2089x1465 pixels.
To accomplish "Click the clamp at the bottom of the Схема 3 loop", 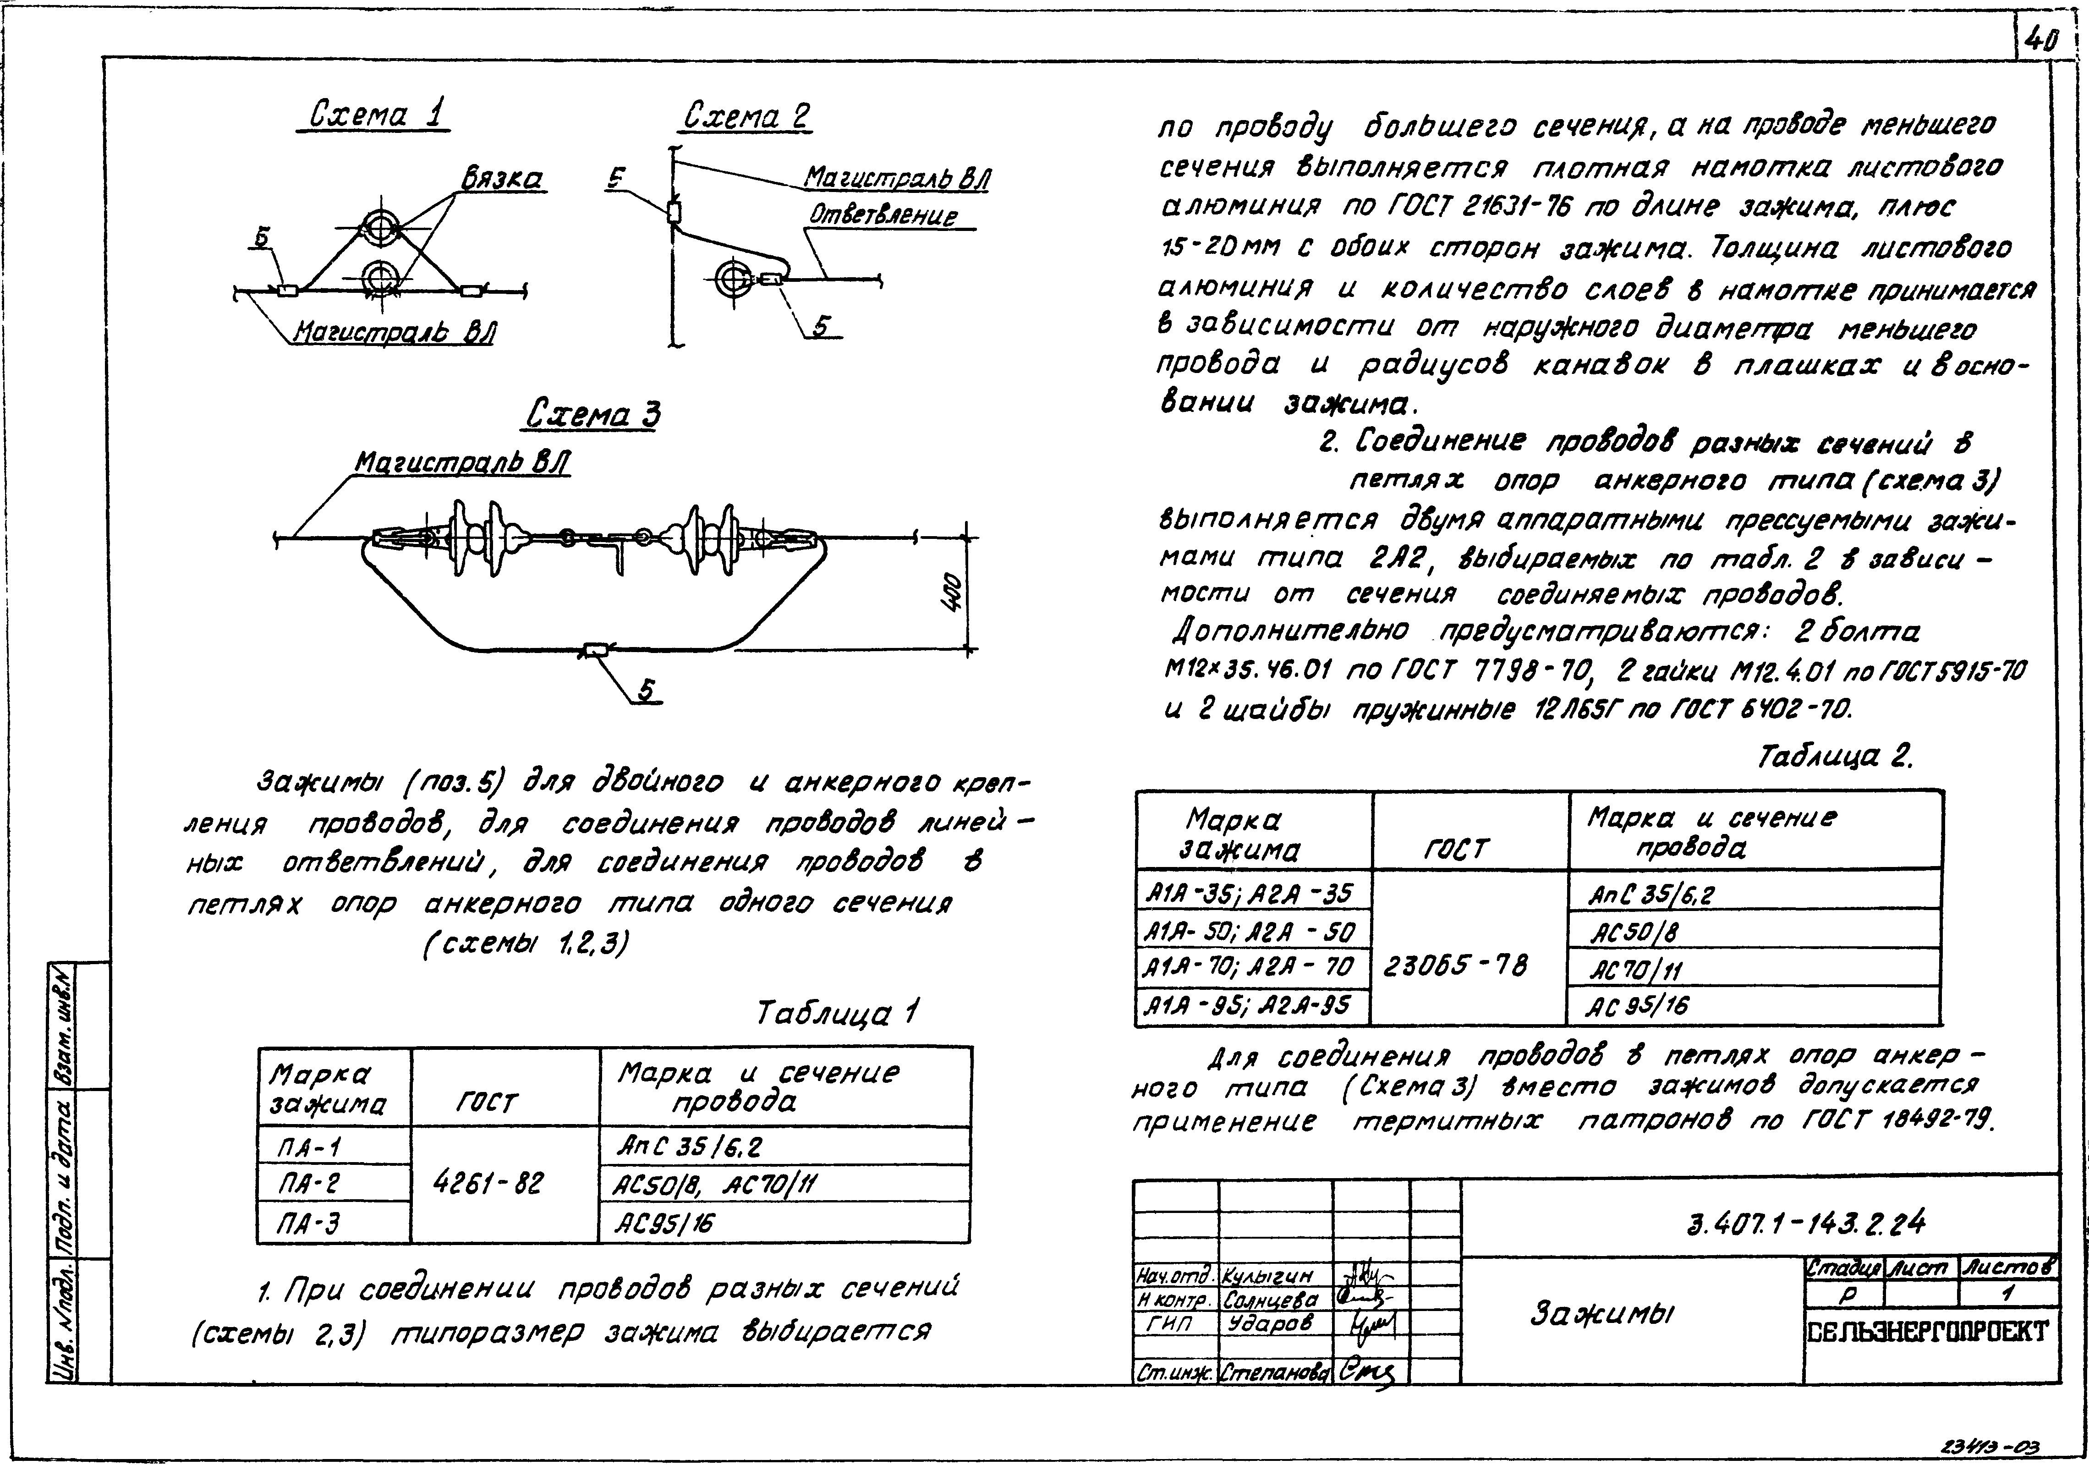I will pos(597,649).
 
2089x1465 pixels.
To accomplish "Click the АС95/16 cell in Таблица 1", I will pos(664,1224).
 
